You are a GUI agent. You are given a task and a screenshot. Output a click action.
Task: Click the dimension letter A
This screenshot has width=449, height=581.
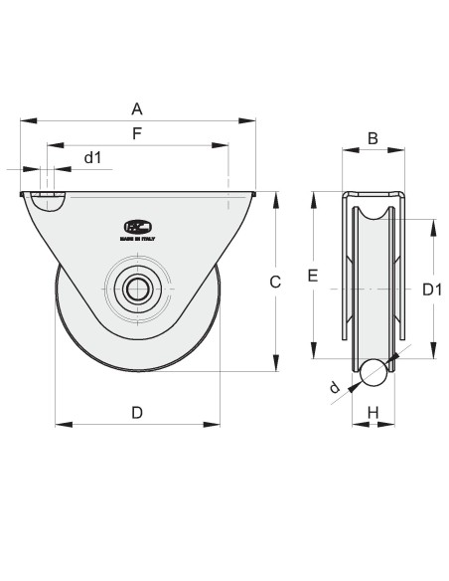pos(137,108)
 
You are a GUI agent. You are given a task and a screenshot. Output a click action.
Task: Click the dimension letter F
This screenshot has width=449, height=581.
pos(137,132)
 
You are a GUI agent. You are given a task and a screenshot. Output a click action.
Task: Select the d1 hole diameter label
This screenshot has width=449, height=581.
pos(92,157)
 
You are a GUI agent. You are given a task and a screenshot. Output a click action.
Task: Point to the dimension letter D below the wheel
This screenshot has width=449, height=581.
pos(137,412)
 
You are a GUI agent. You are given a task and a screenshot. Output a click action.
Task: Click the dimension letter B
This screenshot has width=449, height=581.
pos(373,138)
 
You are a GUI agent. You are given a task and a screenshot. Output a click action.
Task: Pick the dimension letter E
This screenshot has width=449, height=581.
pos(312,277)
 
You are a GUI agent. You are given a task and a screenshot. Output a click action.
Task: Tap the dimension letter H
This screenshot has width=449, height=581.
pos(373,412)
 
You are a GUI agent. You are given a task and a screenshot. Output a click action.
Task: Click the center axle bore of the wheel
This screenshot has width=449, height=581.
pos(137,290)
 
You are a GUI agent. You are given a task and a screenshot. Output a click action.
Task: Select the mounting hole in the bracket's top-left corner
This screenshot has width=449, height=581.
pos(47,201)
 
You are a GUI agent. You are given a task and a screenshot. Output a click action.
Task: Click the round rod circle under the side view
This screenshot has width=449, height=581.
pos(373,372)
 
